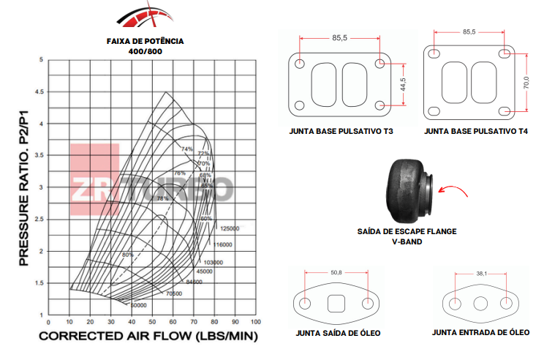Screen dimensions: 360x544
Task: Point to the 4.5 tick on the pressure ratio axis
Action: tap(39, 92)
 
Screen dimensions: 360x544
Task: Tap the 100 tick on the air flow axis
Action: tap(256, 322)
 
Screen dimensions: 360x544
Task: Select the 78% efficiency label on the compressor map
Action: tap(162, 198)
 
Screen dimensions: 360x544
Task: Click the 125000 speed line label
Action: tap(230, 228)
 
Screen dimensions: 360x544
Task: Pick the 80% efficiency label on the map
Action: tap(128, 255)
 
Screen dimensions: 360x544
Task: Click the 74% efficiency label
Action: tap(187, 149)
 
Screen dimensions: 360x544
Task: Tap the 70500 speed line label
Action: tap(173, 293)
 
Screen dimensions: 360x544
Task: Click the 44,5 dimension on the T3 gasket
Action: tap(402, 84)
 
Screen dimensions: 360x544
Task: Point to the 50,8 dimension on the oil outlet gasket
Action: tap(336, 273)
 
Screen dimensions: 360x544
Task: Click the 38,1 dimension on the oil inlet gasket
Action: tap(480, 273)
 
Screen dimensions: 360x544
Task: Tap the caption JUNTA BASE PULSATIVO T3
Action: tap(341, 132)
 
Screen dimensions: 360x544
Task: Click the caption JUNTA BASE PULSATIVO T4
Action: tap(476, 132)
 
